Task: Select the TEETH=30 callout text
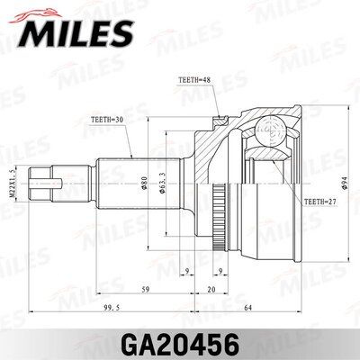(107, 119)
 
